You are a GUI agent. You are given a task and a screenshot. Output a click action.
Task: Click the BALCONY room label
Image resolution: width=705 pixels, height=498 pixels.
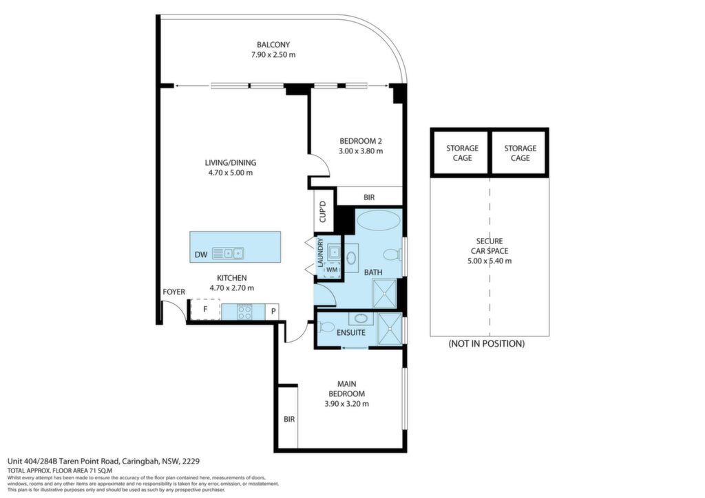pos(273,45)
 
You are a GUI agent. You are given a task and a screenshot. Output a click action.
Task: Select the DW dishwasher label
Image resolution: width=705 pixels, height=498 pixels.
pos(201,255)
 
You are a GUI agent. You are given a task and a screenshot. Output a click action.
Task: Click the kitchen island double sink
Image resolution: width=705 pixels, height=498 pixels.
pos(228,254)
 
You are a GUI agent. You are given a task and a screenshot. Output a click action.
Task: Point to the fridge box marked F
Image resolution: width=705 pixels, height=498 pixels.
pos(205,310)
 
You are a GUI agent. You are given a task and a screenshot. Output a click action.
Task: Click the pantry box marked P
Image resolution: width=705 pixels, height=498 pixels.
pos(273,311)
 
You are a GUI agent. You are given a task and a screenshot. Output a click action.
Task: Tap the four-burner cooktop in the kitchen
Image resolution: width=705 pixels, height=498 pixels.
pos(244,312)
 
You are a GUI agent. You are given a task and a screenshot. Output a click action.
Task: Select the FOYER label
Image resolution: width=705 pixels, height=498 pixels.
pos(174,292)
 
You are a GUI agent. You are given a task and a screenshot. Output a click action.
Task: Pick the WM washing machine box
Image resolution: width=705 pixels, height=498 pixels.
pos(332,270)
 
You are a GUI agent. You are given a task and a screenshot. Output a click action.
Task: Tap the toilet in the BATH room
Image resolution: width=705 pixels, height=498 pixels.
pos(392,255)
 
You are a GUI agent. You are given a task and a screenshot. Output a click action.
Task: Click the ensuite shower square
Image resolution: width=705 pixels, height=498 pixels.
pos(390,329)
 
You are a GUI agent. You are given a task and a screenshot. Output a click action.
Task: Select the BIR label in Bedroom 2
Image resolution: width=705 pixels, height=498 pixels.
pos(369,197)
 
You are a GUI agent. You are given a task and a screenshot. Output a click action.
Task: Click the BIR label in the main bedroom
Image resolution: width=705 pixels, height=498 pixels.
pos(289,419)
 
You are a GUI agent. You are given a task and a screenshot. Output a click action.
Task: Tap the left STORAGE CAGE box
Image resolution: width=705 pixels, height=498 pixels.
pos(461,153)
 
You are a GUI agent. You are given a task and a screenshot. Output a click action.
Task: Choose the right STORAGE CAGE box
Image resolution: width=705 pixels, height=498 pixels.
pos(519,153)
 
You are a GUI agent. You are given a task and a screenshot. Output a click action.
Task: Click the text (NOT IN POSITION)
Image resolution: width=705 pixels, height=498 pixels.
pos(487,344)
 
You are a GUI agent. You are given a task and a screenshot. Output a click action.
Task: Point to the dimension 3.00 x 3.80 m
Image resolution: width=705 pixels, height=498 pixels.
pos(361,151)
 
